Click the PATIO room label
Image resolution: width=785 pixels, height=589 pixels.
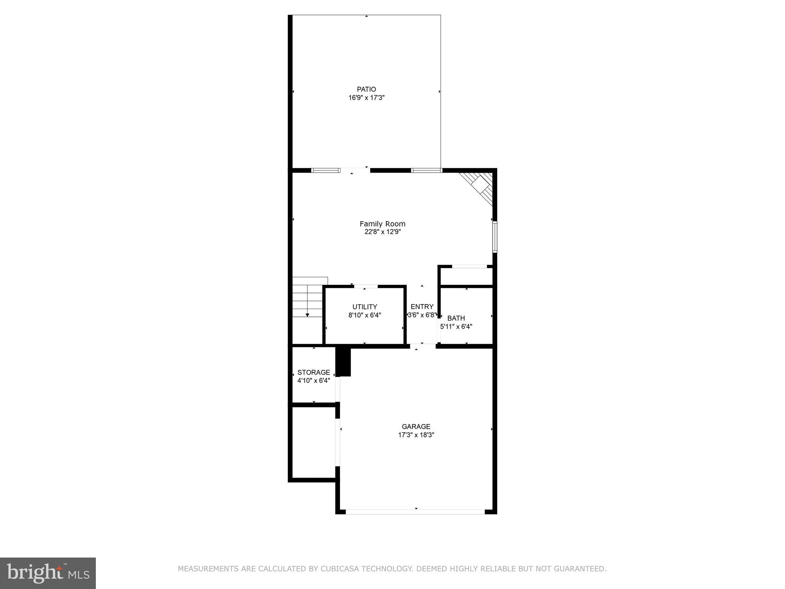click(366, 89)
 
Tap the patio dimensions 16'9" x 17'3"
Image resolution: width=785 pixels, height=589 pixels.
click(366, 98)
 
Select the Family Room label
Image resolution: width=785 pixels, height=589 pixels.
click(383, 224)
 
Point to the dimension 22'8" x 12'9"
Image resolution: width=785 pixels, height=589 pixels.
click(383, 232)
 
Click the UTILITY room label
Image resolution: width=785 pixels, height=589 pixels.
click(365, 307)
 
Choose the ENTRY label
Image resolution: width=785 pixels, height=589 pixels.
click(422, 307)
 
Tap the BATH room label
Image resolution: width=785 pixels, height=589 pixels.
click(456, 318)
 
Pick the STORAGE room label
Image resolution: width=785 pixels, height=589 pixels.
click(314, 372)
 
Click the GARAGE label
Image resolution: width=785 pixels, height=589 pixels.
click(416, 426)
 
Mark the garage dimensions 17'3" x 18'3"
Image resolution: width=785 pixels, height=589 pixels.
click(416, 435)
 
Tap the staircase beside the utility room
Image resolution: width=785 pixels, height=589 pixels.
click(308, 297)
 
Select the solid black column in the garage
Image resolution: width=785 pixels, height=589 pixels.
click(343, 361)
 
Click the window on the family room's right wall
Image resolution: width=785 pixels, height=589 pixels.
click(495, 237)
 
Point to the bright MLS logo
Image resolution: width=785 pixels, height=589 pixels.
click(48, 573)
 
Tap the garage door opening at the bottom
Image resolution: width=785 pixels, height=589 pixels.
click(415, 512)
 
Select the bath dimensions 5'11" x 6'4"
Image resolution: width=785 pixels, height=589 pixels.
click(456, 327)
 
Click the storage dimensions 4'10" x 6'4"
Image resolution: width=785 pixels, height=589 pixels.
click(314, 381)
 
